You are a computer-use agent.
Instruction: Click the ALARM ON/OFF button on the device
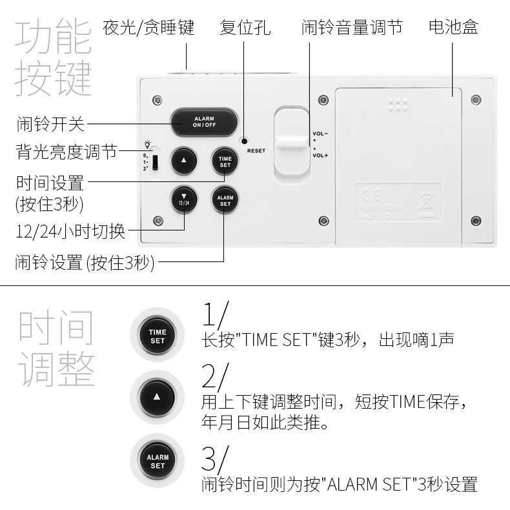(204, 121)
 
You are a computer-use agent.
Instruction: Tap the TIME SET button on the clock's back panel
(225, 161)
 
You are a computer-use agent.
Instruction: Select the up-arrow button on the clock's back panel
(183, 161)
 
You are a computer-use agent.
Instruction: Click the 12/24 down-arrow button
(183, 199)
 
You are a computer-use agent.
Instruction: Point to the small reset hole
(245, 141)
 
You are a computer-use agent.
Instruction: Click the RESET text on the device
(256, 151)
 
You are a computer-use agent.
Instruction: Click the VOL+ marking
(320, 156)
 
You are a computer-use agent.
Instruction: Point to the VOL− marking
(320, 134)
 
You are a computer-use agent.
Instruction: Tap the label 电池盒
(453, 28)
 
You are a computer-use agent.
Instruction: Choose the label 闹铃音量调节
(352, 28)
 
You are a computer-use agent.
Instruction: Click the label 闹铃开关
(51, 123)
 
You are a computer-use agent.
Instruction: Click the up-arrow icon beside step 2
(158, 394)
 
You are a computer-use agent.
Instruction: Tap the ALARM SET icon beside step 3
(158, 461)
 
